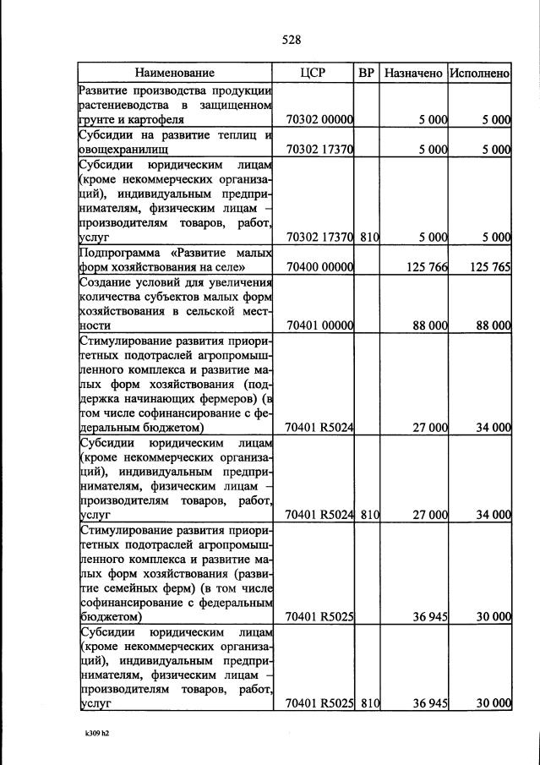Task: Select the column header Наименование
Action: [175, 74]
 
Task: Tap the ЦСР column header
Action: [313, 74]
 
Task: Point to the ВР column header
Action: [367, 74]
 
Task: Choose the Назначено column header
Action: [413, 74]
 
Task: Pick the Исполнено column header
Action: [480, 74]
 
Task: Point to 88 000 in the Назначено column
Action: [429, 325]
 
